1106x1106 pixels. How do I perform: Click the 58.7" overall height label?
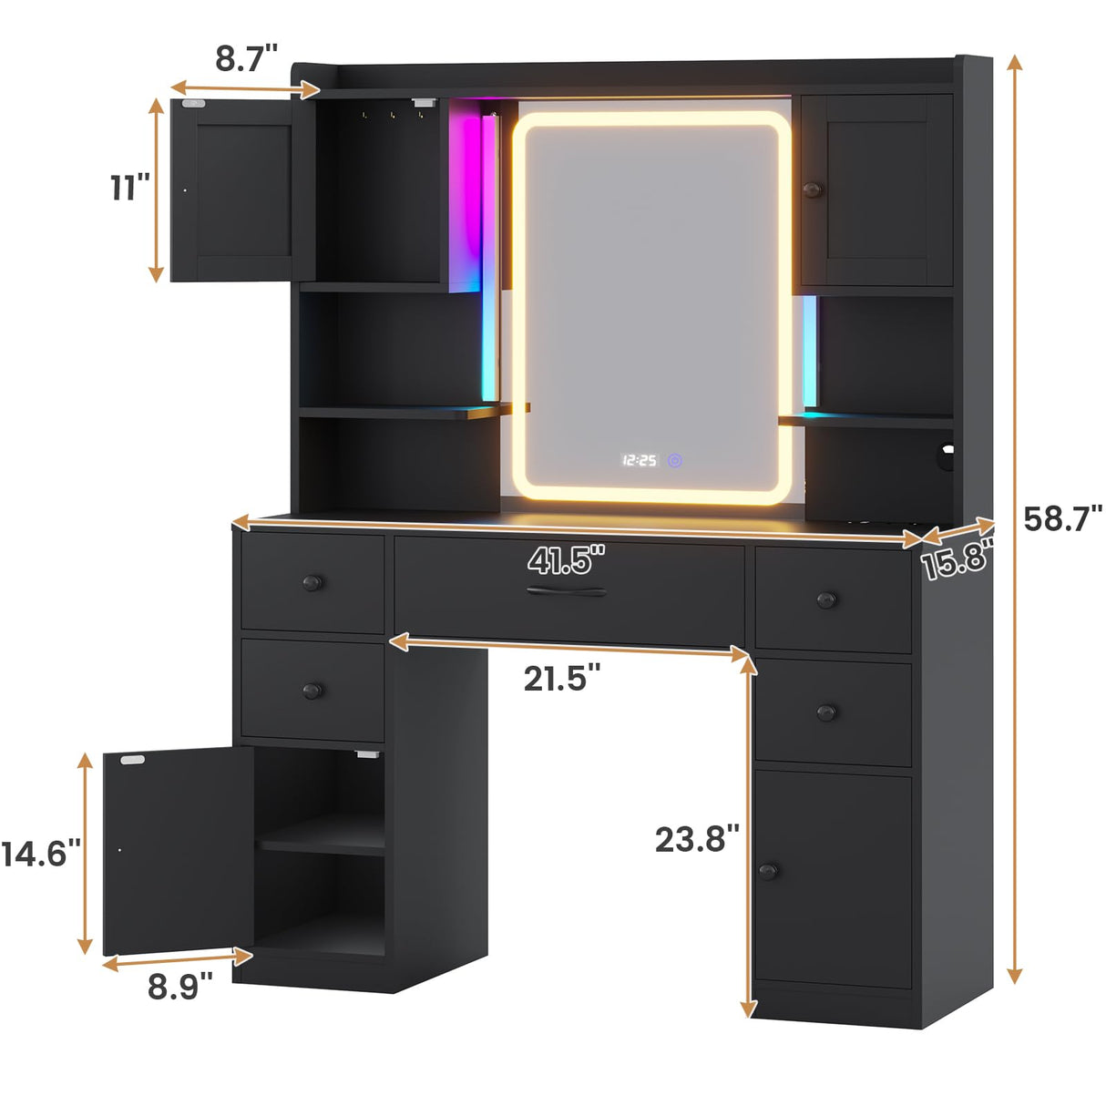(1062, 518)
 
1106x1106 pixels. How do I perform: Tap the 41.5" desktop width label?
(566, 559)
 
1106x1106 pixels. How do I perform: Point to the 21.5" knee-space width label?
(561, 678)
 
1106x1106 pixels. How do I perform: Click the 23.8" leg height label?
(697, 838)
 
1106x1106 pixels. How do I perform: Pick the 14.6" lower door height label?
(41, 854)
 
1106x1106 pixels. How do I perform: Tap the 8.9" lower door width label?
(180, 986)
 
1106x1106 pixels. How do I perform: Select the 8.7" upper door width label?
(246, 57)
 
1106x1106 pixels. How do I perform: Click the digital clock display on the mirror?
(640, 461)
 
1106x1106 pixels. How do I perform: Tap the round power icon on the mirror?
(674, 461)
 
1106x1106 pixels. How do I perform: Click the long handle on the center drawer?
(566, 592)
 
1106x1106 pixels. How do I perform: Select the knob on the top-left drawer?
(312, 582)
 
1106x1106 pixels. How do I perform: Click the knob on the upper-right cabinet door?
(812, 189)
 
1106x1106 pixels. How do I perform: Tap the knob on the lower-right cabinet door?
(768, 871)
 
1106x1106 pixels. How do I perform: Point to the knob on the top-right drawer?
(826, 599)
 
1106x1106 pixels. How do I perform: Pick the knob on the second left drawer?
(312, 691)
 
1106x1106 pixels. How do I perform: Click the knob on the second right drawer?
(826, 712)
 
